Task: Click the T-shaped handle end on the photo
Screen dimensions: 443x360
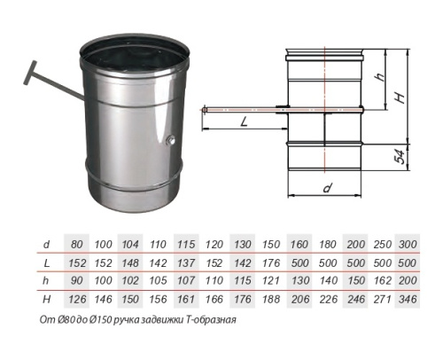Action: coord(30,73)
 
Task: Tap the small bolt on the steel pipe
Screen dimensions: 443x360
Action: coord(171,140)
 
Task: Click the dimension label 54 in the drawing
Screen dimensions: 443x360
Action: coord(400,157)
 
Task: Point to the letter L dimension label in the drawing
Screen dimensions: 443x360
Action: coord(244,121)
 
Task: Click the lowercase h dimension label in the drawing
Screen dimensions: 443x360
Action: coord(380,76)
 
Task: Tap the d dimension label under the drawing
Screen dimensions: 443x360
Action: coord(327,188)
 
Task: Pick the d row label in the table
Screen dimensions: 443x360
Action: coord(46,245)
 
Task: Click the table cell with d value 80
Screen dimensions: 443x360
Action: coord(76,245)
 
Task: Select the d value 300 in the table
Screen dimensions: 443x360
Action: coord(408,245)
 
